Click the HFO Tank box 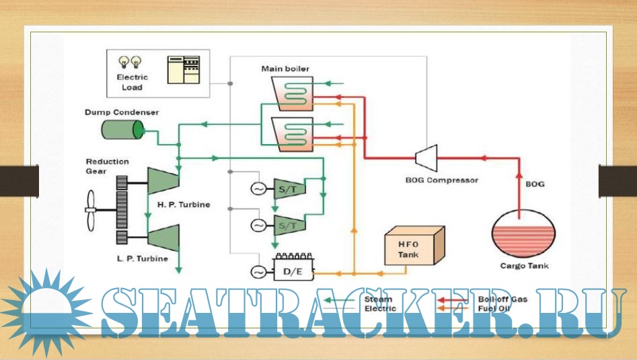click(x=412, y=247)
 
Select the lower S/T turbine click(x=285, y=225)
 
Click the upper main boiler click(x=289, y=93)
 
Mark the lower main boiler click(x=289, y=133)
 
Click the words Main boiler click(x=285, y=69)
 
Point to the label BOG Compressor click(x=442, y=180)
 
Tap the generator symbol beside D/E click(x=258, y=272)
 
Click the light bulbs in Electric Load click(x=130, y=63)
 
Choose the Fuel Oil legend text click(x=492, y=308)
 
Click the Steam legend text click(x=378, y=299)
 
